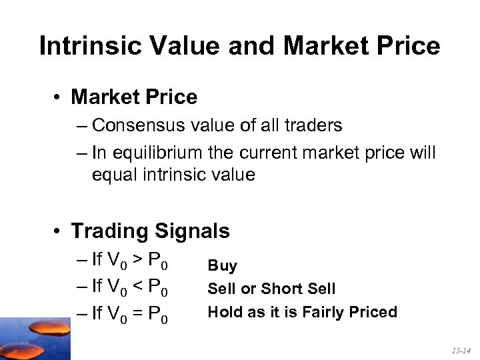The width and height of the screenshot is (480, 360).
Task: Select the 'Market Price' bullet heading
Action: tap(134, 97)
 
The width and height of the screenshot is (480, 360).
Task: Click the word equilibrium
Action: tap(158, 153)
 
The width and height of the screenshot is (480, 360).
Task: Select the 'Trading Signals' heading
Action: tap(150, 231)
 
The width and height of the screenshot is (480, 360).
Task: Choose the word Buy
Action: tap(222, 266)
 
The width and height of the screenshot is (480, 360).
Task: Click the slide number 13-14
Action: tap(459, 350)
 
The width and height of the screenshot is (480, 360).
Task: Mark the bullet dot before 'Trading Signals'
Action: tap(59, 231)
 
